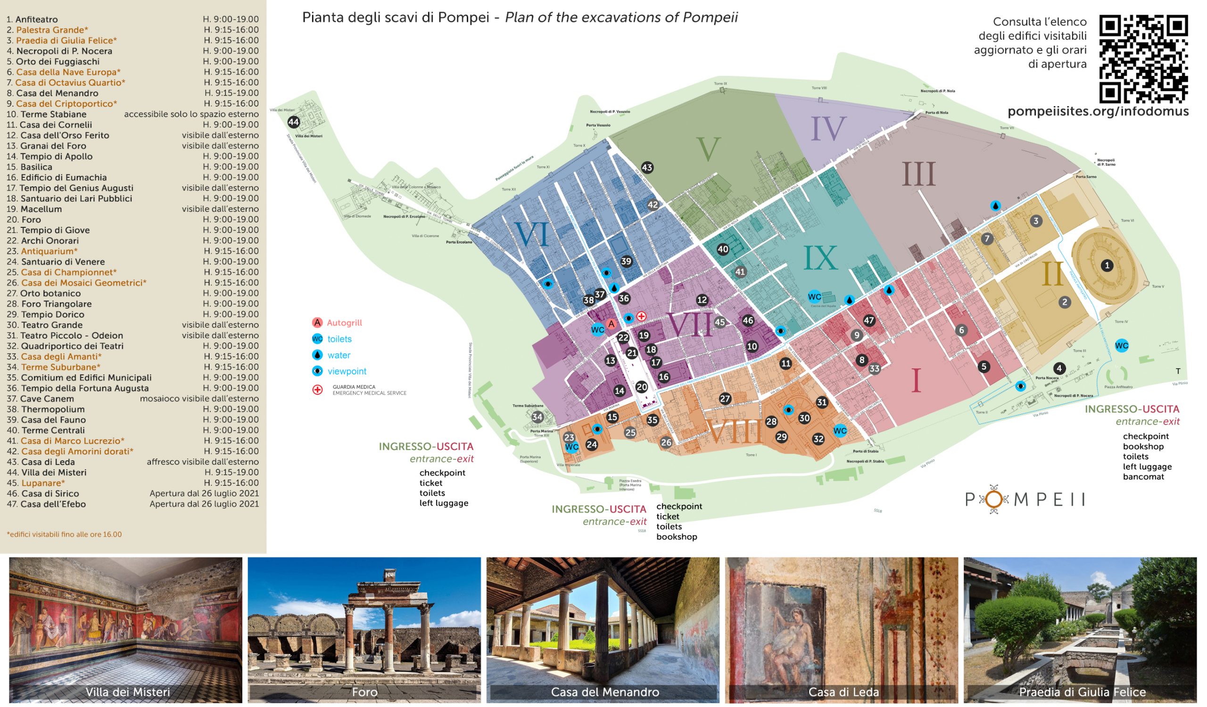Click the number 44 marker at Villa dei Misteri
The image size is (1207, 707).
(x=294, y=122)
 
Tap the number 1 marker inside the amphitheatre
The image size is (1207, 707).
(x=1107, y=266)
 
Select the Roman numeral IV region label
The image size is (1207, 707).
(x=828, y=129)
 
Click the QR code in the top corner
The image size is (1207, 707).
(x=1143, y=59)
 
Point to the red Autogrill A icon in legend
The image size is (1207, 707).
(x=317, y=323)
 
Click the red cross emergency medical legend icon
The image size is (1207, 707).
(x=318, y=390)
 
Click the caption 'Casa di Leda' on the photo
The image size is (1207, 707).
(x=843, y=692)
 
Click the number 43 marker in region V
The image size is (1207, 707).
(x=647, y=167)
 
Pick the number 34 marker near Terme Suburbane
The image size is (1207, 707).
(x=537, y=417)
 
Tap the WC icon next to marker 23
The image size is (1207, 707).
(x=571, y=448)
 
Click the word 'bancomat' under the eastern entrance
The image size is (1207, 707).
(x=1143, y=477)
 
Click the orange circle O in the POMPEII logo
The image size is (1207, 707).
(x=994, y=499)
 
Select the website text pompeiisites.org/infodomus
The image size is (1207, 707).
(x=1098, y=111)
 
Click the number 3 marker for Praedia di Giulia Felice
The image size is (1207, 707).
(x=1036, y=221)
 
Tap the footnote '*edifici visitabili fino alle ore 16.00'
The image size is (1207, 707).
(x=64, y=534)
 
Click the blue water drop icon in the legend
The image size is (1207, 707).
(x=317, y=355)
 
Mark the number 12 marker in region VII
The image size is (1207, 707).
(x=702, y=300)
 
